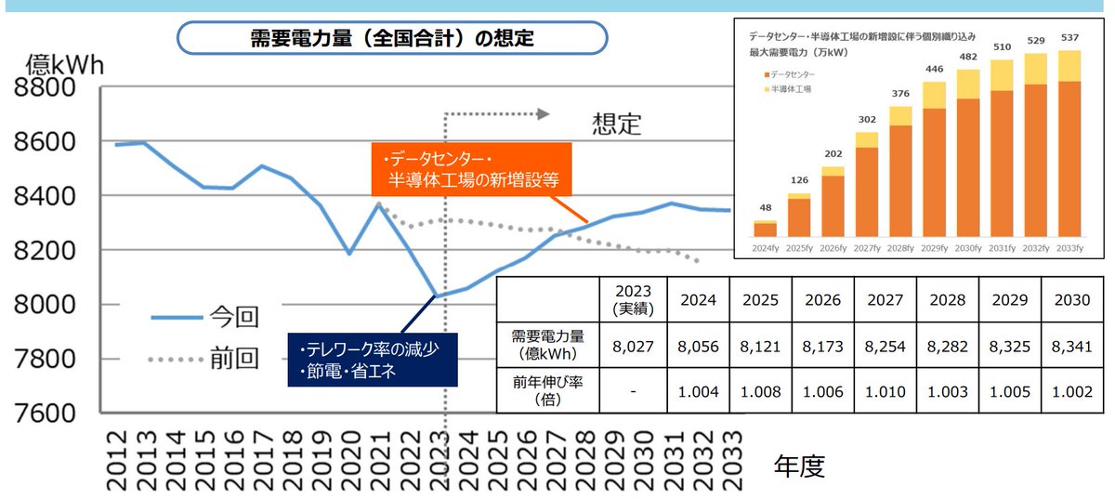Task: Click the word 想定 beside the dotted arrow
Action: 616,124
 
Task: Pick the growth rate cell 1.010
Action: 885,390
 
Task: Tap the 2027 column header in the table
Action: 885,299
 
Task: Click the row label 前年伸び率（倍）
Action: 548,390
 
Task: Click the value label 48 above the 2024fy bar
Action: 764,207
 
